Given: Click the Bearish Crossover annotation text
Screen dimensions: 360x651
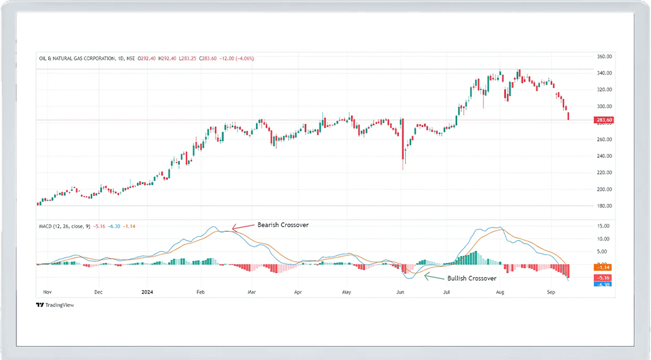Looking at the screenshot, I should click(283, 225).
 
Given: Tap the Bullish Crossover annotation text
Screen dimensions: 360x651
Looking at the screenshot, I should click(472, 278).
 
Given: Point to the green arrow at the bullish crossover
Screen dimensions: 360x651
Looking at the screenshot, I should click(434, 277).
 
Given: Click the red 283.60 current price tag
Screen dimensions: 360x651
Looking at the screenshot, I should click(603, 120).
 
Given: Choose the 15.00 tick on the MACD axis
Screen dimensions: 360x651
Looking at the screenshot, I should click(604, 226).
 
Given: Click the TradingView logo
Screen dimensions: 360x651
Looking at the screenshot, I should click(55, 305).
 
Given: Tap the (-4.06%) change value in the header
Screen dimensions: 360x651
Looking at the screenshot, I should click(243, 58).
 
